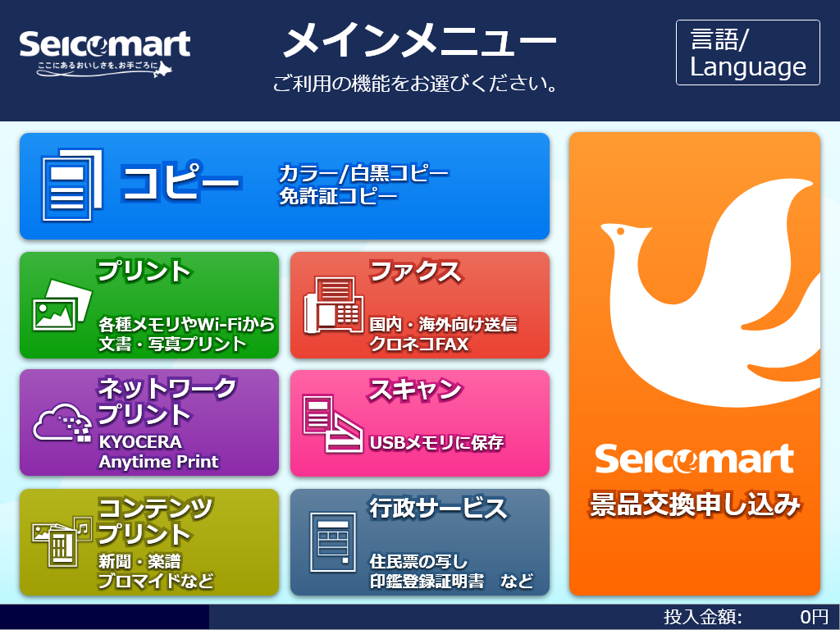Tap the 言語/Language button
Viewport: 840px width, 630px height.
[748, 52]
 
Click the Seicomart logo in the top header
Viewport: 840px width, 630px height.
[104, 52]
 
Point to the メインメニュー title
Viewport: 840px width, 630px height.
[419, 41]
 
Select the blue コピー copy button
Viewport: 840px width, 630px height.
[285, 186]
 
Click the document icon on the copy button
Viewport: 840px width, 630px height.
[72, 185]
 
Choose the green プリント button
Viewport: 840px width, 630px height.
[149, 305]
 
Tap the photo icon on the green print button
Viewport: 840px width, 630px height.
[62, 305]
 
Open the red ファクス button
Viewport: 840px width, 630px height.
[420, 305]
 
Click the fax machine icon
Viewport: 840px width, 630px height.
[334, 305]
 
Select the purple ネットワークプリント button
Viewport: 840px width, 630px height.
[149, 422]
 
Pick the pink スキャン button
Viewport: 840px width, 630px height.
[420, 422]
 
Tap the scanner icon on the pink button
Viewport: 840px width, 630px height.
[333, 423]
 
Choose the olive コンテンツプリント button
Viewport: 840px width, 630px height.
[149, 541]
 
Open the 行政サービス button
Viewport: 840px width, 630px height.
[420, 541]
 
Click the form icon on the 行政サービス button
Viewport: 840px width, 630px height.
[333, 542]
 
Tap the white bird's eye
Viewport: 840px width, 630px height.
[621, 231]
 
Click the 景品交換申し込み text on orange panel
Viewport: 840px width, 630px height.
[695, 504]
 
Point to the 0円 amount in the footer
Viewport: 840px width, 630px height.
[815, 617]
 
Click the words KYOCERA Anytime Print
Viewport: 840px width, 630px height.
[158, 452]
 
